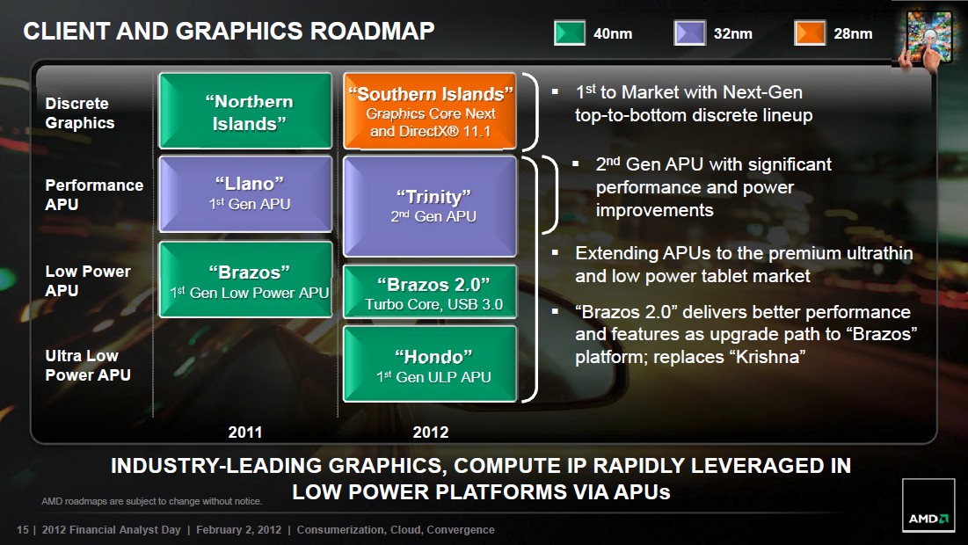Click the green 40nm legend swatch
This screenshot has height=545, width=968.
tap(569, 33)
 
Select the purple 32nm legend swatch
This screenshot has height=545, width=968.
tap(689, 33)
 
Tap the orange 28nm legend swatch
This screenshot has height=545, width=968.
tap(810, 33)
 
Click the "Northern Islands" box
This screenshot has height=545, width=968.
tap(245, 111)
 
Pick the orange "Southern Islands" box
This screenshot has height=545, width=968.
tap(430, 111)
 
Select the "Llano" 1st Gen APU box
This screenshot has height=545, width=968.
tap(245, 193)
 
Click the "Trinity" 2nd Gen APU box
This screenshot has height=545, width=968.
tap(430, 207)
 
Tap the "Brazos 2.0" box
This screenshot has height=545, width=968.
tap(430, 292)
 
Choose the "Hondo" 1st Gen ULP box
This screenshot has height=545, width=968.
tap(430, 364)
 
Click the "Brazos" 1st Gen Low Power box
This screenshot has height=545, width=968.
tap(245, 280)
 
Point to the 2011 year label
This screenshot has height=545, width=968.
tap(245, 432)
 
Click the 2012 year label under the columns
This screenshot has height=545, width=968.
tap(430, 432)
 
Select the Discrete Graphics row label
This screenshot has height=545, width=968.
tap(80, 113)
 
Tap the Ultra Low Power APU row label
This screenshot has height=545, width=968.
tap(88, 366)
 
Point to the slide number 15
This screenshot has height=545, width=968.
tap(23, 529)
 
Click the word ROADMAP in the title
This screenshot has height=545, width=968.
tap(372, 31)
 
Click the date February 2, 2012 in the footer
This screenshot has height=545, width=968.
tap(238, 529)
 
